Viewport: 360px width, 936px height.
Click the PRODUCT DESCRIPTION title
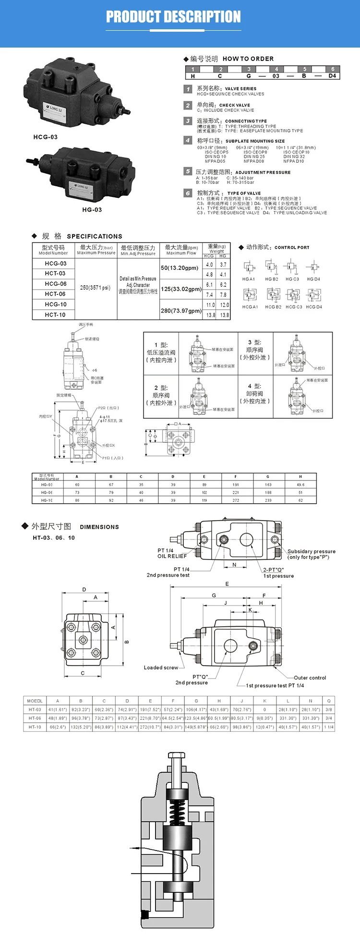pyautogui.click(x=173, y=17)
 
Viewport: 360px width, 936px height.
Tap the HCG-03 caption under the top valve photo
pyautogui.click(x=46, y=137)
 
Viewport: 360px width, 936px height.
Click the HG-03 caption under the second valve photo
pyautogui.click(x=92, y=210)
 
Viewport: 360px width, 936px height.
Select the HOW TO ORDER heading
pyautogui.click(x=248, y=59)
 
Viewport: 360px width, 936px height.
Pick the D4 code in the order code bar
pyautogui.click(x=332, y=76)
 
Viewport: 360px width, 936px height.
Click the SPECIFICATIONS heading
pyautogui.click(x=94, y=236)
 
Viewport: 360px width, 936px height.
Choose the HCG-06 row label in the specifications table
pyautogui.click(x=56, y=284)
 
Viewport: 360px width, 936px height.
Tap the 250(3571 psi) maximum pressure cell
pyautogui.click(x=95, y=288)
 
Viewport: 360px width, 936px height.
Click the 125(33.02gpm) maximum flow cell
pyautogui.click(x=181, y=289)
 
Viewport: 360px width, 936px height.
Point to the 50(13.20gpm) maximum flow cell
pyautogui.click(x=180, y=268)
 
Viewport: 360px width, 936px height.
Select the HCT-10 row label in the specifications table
pyautogui.click(x=56, y=315)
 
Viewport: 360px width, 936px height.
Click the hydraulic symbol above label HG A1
pyautogui.click(x=249, y=267)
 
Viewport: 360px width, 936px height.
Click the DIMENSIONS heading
pyautogui.click(x=99, y=527)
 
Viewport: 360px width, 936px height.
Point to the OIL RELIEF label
pyautogui.click(x=172, y=556)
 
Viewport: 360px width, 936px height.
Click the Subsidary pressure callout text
pyautogui.click(x=311, y=551)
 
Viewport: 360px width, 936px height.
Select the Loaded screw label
pyautogui.click(x=161, y=668)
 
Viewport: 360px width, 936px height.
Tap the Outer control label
pyautogui.click(x=310, y=678)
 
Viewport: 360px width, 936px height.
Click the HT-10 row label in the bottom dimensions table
pyautogui.click(x=35, y=727)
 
